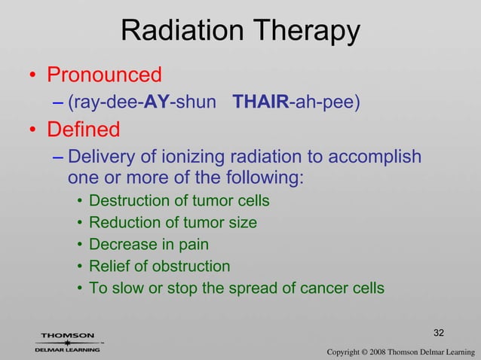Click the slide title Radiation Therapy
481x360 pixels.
240,31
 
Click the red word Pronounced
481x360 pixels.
105,75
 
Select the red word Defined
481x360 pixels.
84,130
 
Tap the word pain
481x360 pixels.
193,245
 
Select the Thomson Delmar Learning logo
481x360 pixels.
68,343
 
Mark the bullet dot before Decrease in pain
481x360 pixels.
79,246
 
